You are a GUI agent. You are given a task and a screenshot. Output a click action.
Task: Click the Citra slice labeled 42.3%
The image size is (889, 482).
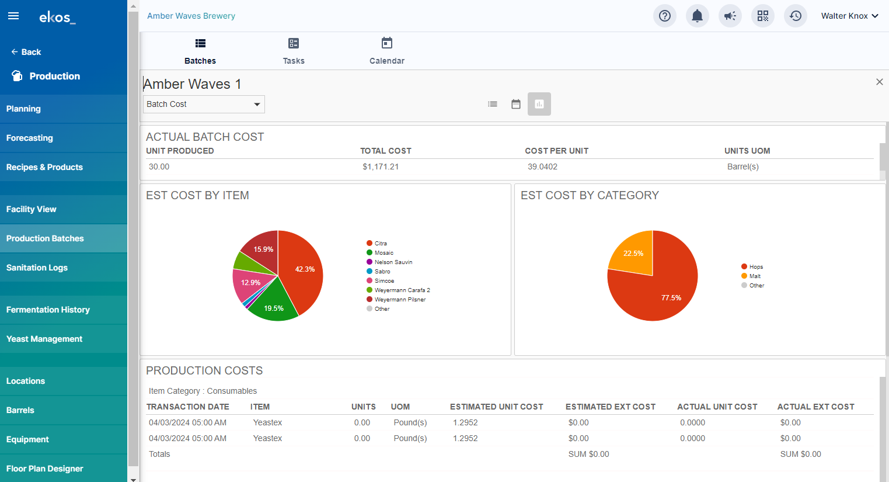[x=302, y=270]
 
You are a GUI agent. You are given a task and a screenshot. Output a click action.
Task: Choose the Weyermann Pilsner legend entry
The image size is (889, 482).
[x=396, y=300]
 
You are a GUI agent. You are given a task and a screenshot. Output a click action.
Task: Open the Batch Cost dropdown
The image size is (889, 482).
[x=204, y=104]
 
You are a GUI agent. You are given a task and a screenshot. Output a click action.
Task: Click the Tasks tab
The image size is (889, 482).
[x=294, y=51]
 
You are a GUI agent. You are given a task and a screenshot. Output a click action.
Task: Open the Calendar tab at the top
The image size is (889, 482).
[x=387, y=51]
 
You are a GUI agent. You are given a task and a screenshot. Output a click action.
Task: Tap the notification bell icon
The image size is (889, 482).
[x=698, y=16]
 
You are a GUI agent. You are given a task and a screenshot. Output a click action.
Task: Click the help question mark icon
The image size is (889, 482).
[x=665, y=16]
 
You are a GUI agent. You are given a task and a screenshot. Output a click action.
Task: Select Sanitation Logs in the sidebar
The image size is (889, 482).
[x=37, y=268]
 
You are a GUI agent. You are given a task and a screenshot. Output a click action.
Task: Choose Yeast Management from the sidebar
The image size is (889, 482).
[x=44, y=339]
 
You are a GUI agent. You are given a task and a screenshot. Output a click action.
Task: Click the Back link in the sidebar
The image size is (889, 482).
[x=26, y=52]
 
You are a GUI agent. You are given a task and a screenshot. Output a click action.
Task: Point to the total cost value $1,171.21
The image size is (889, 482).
[x=381, y=167]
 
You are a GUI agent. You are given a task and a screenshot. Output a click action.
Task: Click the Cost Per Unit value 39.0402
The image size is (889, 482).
[x=542, y=167]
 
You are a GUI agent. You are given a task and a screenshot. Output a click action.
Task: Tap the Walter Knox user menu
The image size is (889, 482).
[x=850, y=16]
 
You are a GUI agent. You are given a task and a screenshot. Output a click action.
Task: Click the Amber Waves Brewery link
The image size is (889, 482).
[x=191, y=16]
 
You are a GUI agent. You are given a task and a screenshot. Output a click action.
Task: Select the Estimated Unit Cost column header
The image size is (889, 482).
[x=497, y=407]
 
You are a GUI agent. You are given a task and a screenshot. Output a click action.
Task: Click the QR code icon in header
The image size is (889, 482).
[x=763, y=16]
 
